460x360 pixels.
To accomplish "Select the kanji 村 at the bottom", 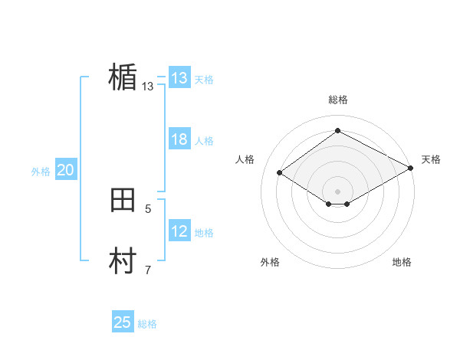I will (123, 261).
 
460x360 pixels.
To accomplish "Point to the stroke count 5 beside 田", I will (148, 208).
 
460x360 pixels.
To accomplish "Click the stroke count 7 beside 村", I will (148, 270).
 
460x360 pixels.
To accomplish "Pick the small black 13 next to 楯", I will (147, 87).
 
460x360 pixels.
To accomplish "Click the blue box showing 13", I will (179, 78).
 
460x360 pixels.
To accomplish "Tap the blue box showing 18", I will (179, 139).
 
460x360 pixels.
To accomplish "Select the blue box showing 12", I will (179, 231).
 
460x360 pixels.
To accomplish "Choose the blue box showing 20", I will (65, 171).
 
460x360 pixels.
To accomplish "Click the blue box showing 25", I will (123, 322).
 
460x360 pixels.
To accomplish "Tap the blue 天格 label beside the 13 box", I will (204, 79).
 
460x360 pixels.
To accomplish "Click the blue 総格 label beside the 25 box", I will (148, 324).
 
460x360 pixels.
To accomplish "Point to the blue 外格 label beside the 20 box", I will (41, 172).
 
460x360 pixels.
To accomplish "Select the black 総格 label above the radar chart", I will (338, 100).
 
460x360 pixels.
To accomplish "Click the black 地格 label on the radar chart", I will (402, 262).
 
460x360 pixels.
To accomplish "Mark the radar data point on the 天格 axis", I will (412, 169).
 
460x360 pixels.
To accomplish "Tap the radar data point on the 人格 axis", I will (280, 173).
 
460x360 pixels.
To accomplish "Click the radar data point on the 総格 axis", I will (338, 130).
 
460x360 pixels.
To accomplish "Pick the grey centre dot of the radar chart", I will (338, 191).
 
